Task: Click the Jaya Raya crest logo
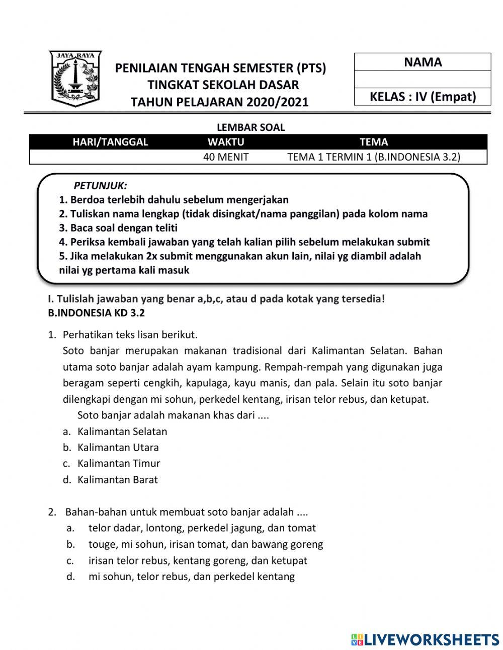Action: click(x=75, y=78)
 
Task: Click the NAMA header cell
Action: click(x=423, y=62)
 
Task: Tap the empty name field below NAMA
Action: click(x=423, y=80)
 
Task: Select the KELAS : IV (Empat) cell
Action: click(x=423, y=97)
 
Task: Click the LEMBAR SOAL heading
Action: click(x=250, y=127)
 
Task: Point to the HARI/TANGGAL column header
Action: click(x=111, y=142)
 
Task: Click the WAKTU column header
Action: click(x=226, y=142)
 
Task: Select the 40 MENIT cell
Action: click(x=226, y=157)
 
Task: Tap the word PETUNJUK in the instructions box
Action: click(x=101, y=185)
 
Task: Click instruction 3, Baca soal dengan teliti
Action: click(x=118, y=228)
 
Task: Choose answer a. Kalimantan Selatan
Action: click(x=122, y=431)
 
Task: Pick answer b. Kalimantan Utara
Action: click(x=118, y=448)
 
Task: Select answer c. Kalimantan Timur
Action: click(x=119, y=463)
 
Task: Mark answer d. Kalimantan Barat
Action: click(x=117, y=480)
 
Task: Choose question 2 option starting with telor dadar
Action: click(x=202, y=528)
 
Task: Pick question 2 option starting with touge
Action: click(x=205, y=544)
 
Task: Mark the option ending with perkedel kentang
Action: click(x=191, y=577)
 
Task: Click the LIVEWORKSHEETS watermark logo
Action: click(x=425, y=639)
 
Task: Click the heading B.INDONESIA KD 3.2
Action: click(x=96, y=313)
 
